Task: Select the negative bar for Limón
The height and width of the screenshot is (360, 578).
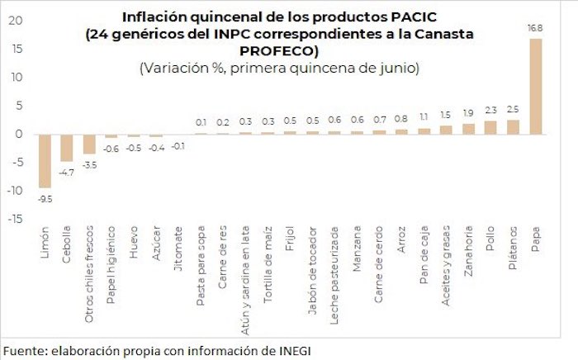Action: (x=45, y=160)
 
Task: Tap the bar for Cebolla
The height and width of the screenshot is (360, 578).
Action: (x=67, y=147)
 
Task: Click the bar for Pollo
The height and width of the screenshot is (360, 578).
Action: (x=490, y=127)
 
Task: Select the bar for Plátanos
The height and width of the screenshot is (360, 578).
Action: (x=513, y=126)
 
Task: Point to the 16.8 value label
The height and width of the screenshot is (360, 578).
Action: (x=536, y=28)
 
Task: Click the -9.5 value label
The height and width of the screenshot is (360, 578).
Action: (x=45, y=198)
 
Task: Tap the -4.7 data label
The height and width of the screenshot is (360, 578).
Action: (x=67, y=172)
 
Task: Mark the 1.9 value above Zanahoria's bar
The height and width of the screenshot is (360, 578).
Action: (x=468, y=113)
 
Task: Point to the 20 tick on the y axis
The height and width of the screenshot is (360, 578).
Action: (x=14, y=21)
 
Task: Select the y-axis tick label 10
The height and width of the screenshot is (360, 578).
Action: (x=14, y=77)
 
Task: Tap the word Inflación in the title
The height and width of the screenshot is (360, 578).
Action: (x=156, y=16)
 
